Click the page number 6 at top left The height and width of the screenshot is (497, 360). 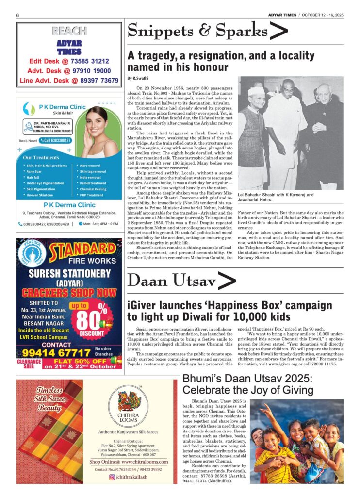[x=17, y=15]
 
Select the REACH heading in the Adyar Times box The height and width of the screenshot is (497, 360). [x=69, y=32]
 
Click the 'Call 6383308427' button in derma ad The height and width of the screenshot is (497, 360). [x=56, y=141]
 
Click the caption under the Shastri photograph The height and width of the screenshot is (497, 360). [x=275, y=197]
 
